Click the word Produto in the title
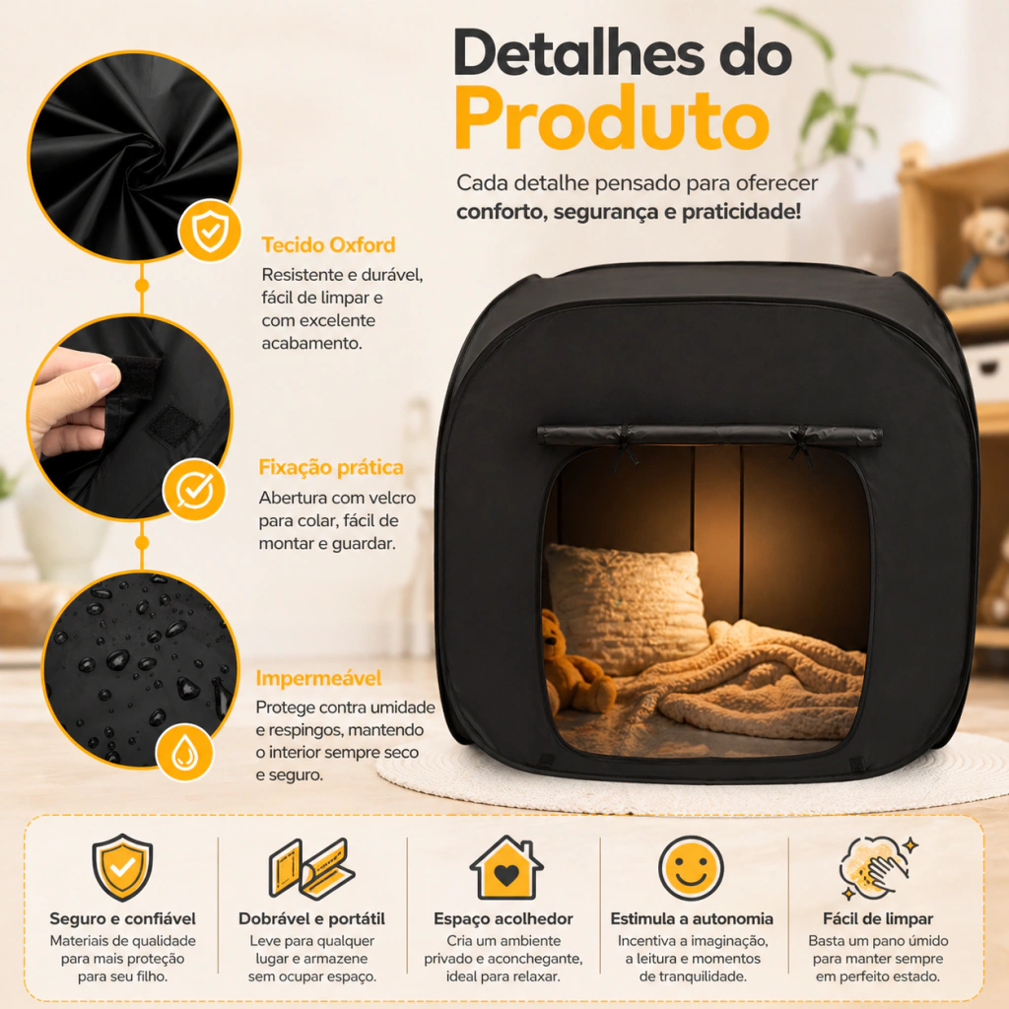point(612,119)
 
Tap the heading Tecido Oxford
point(328,245)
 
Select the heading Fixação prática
point(331,467)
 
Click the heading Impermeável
point(318,678)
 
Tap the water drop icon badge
point(184,752)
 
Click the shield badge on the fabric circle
point(210,231)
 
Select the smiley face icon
point(691,868)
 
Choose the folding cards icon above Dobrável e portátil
point(311,868)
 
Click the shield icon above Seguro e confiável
point(122,867)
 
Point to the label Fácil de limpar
point(878,918)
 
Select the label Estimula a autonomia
point(692,918)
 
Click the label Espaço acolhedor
point(504,918)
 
